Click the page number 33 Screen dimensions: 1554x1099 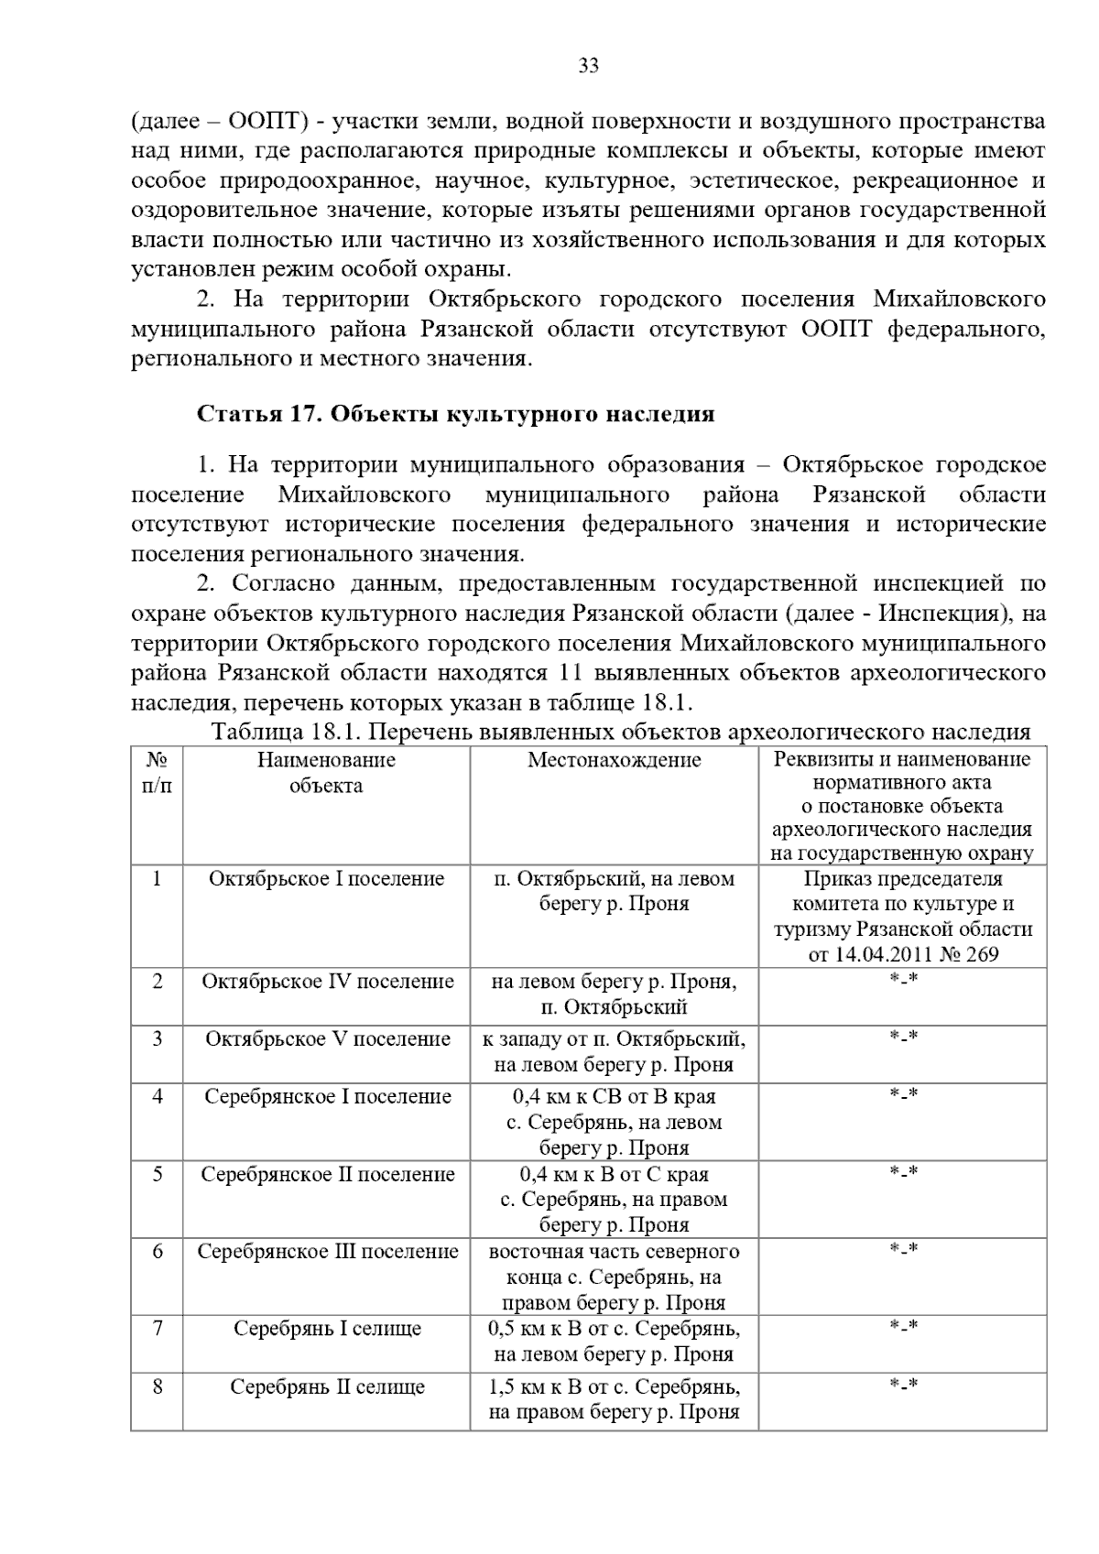[x=588, y=66]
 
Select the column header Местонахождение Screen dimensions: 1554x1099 [x=614, y=760]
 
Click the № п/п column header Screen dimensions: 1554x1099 [x=157, y=773]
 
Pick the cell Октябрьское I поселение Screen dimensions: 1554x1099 [x=326, y=879]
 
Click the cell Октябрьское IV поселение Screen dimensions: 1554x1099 [x=327, y=982]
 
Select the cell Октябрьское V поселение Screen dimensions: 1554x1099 [x=327, y=1039]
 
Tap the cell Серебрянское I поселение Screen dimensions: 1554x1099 [x=327, y=1097]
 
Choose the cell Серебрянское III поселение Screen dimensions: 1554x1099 [x=327, y=1252]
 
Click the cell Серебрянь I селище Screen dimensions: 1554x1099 [x=327, y=1329]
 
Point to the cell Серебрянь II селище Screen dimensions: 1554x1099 [x=327, y=1387]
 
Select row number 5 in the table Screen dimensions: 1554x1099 [x=158, y=1174]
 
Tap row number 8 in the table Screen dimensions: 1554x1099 [x=158, y=1387]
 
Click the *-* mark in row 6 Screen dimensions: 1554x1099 [x=903, y=1249]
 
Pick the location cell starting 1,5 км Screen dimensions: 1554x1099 [x=614, y=1399]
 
